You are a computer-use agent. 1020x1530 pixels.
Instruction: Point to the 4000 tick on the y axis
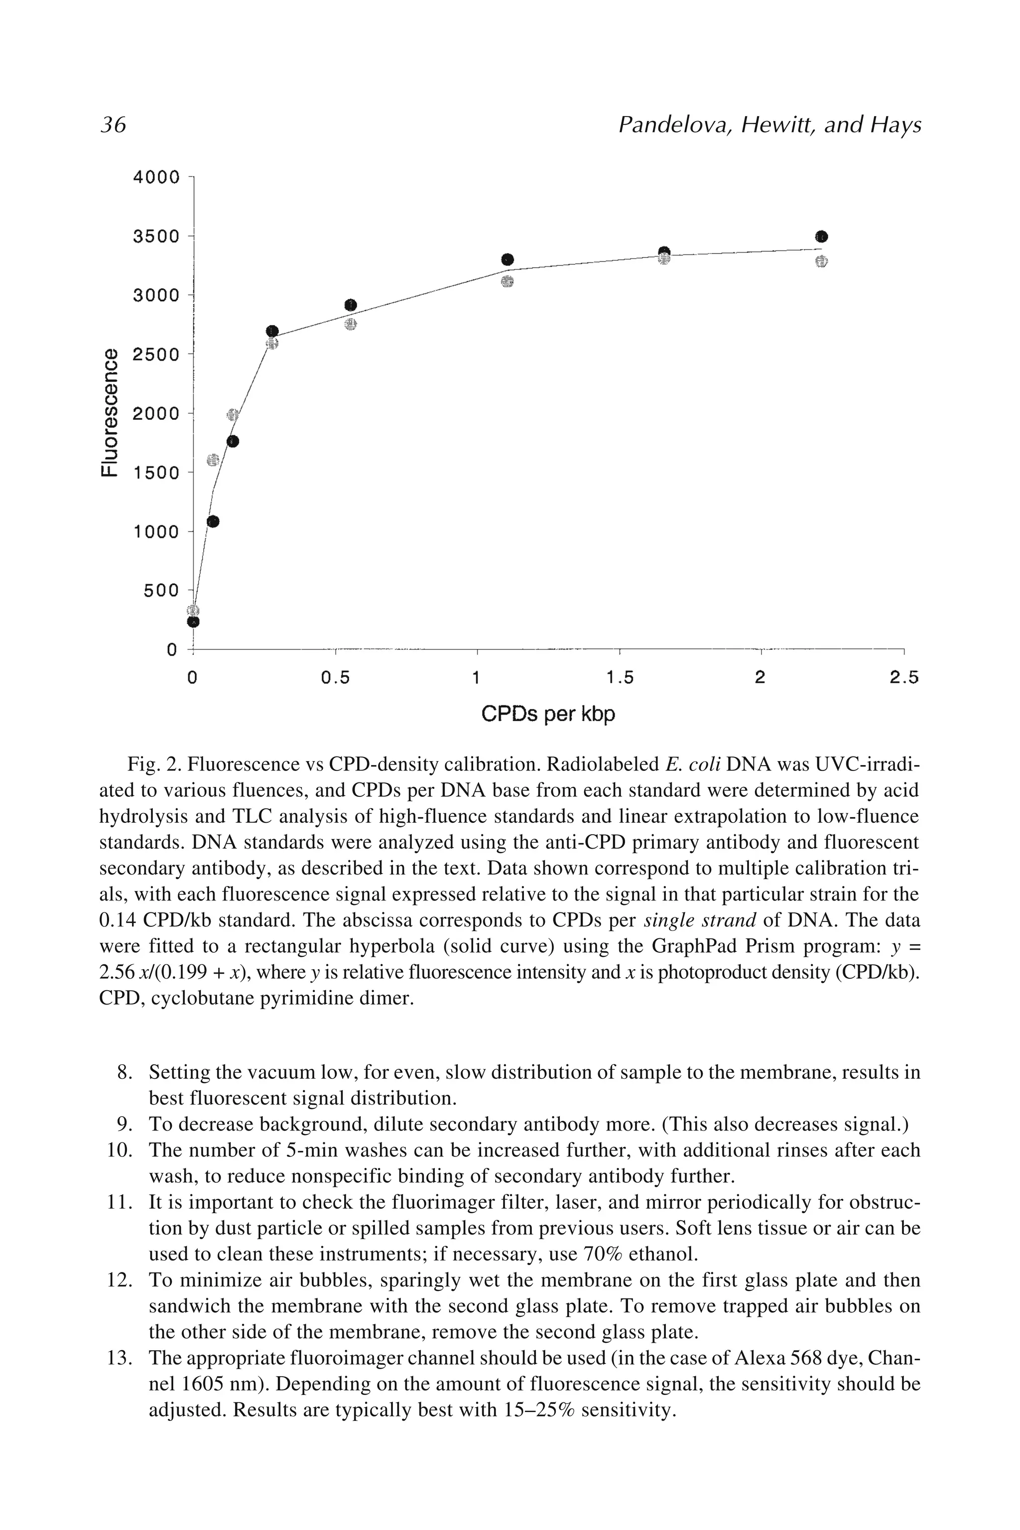coord(156,177)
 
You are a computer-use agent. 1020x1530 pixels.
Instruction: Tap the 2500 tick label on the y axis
coord(156,355)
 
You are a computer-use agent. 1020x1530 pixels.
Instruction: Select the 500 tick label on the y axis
coord(161,591)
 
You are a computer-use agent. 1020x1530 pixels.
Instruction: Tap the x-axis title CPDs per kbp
coord(548,715)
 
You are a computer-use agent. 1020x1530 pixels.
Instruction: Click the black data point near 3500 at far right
coord(821,236)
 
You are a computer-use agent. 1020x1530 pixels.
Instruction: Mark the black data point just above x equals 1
coord(508,259)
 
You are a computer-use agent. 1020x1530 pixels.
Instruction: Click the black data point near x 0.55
coord(351,305)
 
